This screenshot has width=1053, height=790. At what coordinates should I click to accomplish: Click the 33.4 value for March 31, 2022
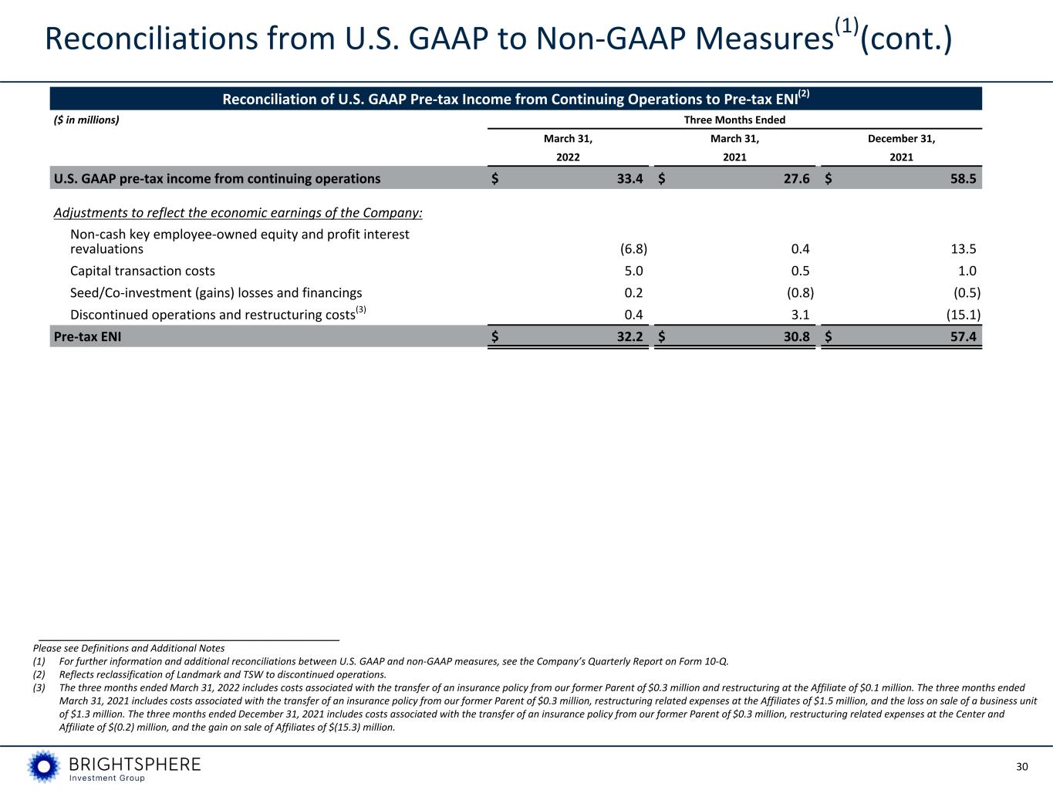[x=630, y=178]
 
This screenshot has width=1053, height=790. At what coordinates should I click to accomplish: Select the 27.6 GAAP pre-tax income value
[x=796, y=178]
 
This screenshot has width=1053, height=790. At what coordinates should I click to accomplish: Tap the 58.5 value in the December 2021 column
[x=964, y=178]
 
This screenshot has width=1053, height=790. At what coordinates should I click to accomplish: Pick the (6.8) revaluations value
[x=633, y=249]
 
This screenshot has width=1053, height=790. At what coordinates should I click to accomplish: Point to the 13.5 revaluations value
[x=964, y=249]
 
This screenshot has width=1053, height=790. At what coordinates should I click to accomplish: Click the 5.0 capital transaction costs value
[x=633, y=271]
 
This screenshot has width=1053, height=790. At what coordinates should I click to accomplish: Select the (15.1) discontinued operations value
[x=964, y=315]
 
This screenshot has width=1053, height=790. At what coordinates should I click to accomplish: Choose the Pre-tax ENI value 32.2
[x=630, y=336]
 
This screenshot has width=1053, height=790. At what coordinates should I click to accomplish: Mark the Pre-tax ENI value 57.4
[x=964, y=336]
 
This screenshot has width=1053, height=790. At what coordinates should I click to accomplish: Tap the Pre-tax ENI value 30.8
[x=796, y=336]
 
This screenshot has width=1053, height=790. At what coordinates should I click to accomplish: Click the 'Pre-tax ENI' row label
[x=87, y=336]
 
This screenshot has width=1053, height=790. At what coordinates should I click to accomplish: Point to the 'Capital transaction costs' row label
[x=143, y=271]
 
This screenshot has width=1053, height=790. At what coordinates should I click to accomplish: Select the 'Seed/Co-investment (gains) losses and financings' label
[x=216, y=292]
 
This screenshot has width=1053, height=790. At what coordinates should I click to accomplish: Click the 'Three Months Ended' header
[x=734, y=120]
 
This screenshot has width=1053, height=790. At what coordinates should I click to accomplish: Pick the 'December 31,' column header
[x=901, y=139]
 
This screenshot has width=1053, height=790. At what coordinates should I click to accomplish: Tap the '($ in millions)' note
[x=86, y=120]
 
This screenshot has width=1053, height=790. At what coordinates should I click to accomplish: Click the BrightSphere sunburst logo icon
[x=44, y=766]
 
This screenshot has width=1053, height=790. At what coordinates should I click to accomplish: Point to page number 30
[x=1022, y=767]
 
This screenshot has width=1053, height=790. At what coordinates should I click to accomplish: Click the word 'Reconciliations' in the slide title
[x=152, y=39]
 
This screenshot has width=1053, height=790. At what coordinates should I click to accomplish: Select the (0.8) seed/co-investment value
[x=800, y=292]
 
